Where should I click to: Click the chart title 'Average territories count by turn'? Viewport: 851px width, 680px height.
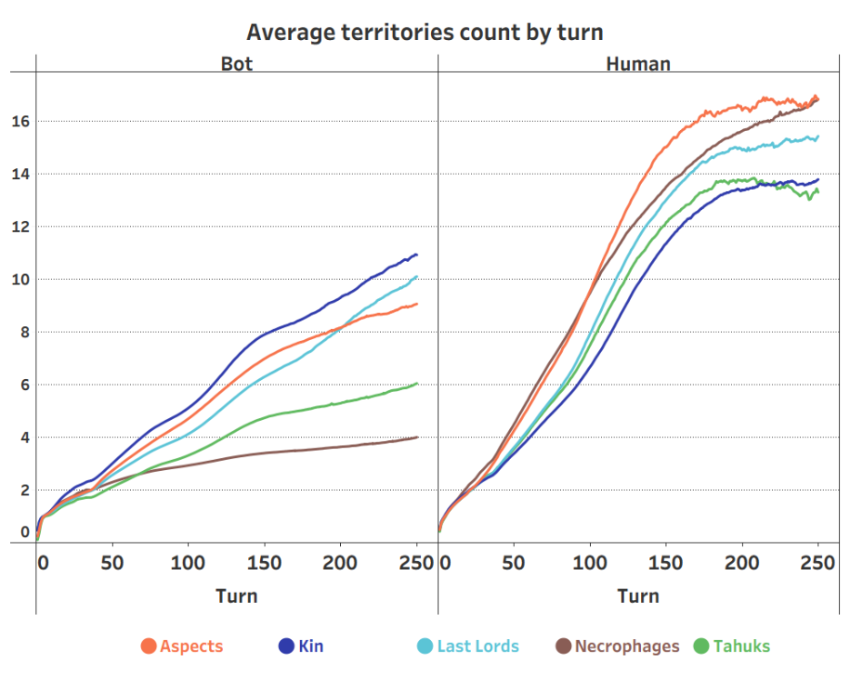coord(425,33)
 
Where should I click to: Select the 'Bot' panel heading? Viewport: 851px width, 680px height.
coord(236,65)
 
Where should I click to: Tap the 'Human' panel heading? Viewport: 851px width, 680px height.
coord(638,65)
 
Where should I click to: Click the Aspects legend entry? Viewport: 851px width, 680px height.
coord(182,646)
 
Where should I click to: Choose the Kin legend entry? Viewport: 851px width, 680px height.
coord(300,646)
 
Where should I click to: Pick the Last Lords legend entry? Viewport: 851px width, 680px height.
coord(468,646)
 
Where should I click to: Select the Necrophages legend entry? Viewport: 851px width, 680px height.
coord(617,646)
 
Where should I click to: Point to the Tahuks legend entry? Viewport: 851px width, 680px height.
coord(732,646)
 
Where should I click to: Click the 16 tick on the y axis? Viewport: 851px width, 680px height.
coord(20,122)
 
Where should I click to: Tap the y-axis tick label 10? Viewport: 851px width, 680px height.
coord(20,280)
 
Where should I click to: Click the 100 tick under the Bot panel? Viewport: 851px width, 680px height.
coord(187,563)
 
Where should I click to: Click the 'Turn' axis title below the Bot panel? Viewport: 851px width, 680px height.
coord(236,596)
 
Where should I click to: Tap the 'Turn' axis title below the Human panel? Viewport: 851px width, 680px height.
coord(638,596)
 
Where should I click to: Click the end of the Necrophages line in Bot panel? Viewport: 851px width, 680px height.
coord(416,437)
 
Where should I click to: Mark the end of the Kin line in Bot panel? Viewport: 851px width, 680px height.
coord(416,255)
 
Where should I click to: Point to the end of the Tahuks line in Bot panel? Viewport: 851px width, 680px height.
coord(416,384)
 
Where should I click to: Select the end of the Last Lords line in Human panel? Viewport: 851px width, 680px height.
coord(818,137)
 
